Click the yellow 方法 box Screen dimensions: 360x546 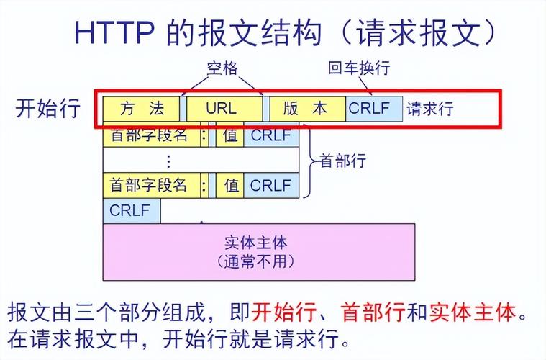click(142, 109)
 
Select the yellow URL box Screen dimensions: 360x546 click(222, 109)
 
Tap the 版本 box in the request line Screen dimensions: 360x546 click(306, 109)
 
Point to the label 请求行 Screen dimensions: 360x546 click(430, 109)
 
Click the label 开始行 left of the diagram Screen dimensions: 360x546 click(47, 109)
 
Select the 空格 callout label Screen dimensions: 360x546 click(222, 68)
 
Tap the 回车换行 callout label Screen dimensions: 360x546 click(359, 68)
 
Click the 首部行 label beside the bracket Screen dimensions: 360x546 click(342, 161)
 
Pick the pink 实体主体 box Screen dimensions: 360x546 click(258, 251)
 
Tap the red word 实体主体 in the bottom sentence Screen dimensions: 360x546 click(473, 313)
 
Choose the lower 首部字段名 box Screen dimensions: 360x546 click(149, 185)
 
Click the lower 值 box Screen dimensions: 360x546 click(231, 185)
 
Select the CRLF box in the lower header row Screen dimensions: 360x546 click(270, 185)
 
